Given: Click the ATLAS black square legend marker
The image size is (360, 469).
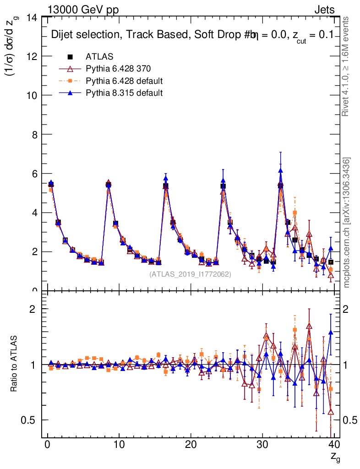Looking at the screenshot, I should click(71, 57).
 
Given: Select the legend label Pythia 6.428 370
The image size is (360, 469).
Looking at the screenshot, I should click(118, 69).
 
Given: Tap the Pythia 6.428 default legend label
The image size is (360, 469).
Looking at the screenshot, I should click(124, 81).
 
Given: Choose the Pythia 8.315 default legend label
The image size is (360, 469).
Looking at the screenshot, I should click(124, 93).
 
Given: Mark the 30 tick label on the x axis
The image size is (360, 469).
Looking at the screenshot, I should click(262, 444).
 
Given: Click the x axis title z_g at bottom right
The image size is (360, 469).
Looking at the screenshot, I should click(335, 456).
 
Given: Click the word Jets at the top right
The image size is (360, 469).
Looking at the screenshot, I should click(324, 10).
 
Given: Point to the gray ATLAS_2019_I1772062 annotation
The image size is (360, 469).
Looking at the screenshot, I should click(190, 274).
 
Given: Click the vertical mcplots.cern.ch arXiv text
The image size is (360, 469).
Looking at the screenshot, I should click(347, 222).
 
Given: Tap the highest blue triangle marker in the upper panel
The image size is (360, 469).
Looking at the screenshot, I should click(280, 170).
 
